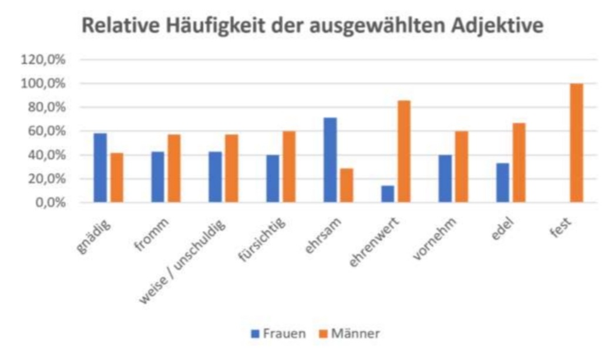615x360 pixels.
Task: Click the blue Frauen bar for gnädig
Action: click(x=100, y=168)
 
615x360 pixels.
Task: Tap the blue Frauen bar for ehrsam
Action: click(x=330, y=160)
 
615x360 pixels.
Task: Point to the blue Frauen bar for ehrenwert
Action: click(x=388, y=194)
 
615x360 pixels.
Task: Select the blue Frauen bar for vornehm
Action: click(x=445, y=179)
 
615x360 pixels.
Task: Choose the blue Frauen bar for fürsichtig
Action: click(x=273, y=179)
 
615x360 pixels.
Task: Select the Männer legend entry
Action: click(x=350, y=334)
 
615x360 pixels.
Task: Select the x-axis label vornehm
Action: click(x=433, y=236)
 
